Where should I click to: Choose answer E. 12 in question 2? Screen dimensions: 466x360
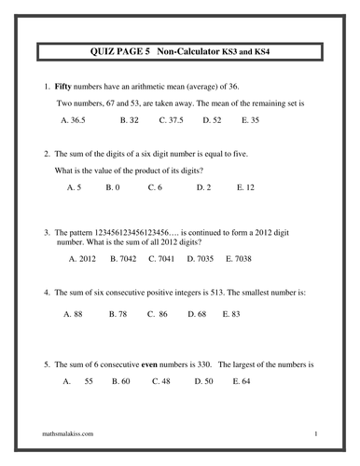click(x=247, y=187)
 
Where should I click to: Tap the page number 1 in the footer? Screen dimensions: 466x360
click(x=316, y=434)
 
